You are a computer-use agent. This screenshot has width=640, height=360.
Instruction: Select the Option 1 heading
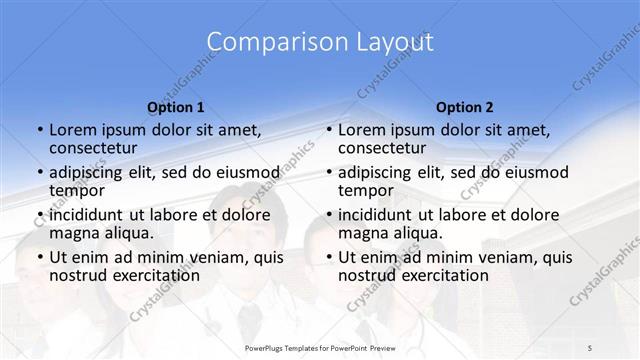pos(176,107)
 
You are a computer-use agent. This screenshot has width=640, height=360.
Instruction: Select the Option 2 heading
pos(465,107)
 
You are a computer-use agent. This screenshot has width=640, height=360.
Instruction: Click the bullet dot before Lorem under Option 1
pos(39,131)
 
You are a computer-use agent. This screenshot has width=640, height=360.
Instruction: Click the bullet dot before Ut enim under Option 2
pos(328,258)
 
